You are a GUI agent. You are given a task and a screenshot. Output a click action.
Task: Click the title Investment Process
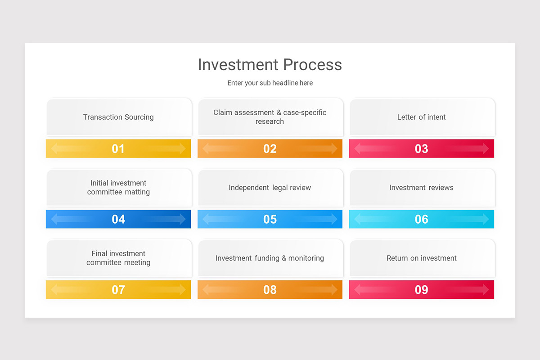[270, 65]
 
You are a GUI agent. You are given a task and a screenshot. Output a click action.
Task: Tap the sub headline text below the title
[270, 83]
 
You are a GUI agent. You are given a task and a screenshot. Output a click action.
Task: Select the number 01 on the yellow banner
[118, 148]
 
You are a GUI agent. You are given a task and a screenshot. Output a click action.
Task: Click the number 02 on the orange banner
[270, 148]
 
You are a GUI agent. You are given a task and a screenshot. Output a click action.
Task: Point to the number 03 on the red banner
[421, 148]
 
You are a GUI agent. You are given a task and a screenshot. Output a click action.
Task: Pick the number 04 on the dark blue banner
[118, 219]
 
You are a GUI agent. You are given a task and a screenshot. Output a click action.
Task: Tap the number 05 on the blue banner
[270, 219]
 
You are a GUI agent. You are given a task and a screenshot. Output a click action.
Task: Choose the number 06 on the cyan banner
[421, 219]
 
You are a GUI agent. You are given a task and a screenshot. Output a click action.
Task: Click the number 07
[118, 290]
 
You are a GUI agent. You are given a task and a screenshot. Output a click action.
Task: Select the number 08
[270, 290]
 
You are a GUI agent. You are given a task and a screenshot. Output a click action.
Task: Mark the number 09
[421, 290]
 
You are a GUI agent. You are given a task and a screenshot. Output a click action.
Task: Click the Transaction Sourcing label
[118, 117]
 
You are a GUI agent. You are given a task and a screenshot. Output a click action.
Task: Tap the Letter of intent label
[421, 117]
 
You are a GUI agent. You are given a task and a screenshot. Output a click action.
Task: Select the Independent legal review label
[270, 188]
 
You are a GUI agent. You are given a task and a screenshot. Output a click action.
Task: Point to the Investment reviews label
[421, 188]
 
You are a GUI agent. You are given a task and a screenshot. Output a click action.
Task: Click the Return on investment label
[421, 258]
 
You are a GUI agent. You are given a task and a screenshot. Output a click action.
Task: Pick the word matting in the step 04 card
[137, 192]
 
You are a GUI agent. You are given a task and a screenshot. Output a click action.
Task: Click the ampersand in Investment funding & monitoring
[284, 258]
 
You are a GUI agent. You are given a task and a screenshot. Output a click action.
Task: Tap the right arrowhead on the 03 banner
[486, 148]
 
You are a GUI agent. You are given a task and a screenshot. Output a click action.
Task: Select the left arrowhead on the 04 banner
[54, 219]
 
